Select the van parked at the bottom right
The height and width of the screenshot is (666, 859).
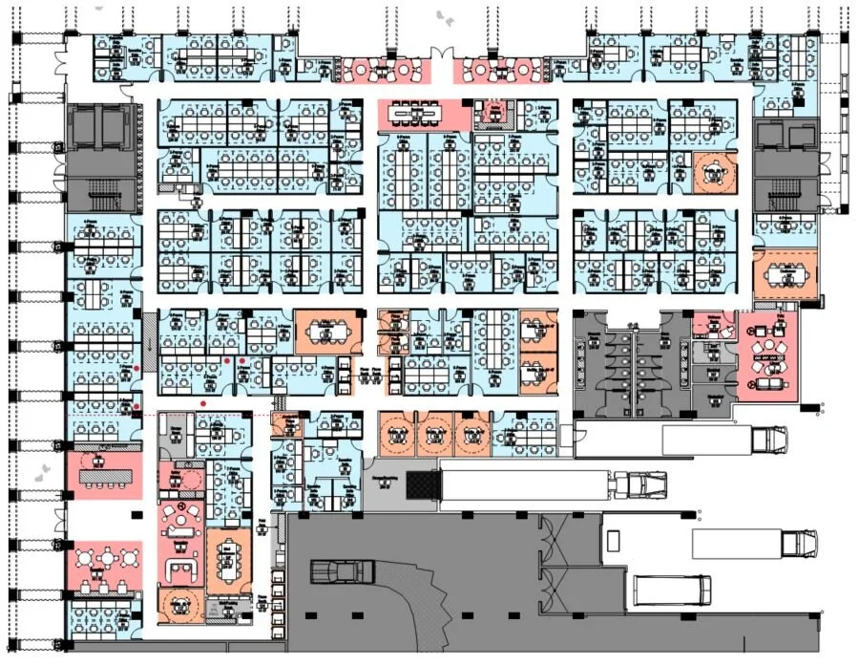672,590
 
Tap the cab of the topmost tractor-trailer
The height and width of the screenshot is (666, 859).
769,440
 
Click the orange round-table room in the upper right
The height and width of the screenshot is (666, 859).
715,173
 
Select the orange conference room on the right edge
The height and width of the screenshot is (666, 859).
786,275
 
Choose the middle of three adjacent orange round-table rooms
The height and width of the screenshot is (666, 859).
433,435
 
